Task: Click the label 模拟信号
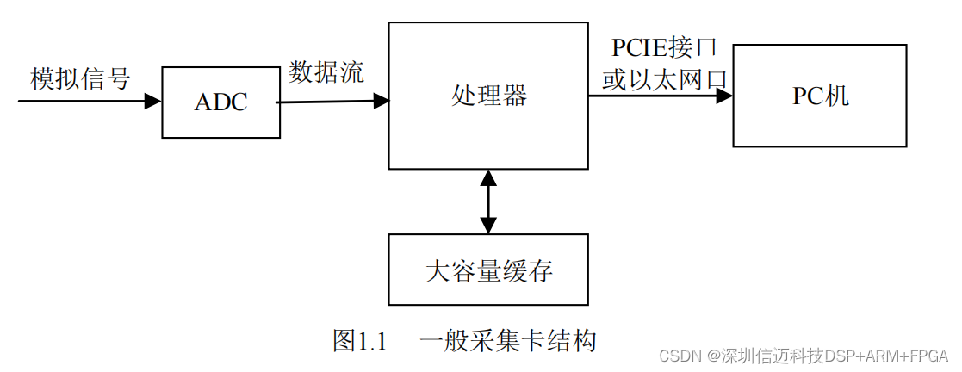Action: (x=80, y=79)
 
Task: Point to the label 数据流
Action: (x=326, y=72)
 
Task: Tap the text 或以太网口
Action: (x=664, y=80)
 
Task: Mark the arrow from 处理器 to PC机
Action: (x=661, y=96)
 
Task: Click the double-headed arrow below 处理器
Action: (x=488, y=201)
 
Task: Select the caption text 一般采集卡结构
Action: (x=508, y=340)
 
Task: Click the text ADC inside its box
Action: (x=220, y=102)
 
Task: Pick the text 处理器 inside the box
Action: (x=488, y=96)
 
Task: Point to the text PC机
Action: (x=820, y=96)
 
